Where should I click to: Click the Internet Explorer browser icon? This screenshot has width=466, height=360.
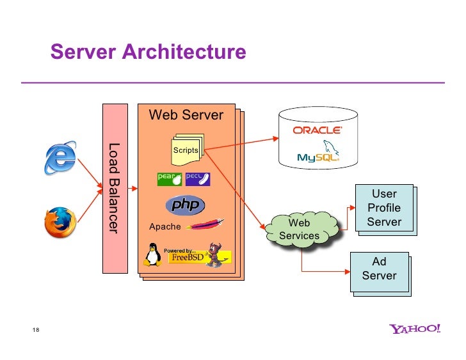[x=60, y=158]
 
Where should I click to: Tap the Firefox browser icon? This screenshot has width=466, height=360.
[x=60, y=223]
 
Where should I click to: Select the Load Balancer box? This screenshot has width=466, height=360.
[x=115, y=189]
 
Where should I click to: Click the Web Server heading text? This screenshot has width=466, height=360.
[x=186, y=115]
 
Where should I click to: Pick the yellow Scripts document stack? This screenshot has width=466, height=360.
[x=188, y=150]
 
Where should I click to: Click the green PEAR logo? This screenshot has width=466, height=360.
[x=170, y=179]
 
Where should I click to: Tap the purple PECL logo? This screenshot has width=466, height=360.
[x=198, y=179]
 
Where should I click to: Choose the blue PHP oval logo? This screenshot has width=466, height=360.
[x=185, y=205]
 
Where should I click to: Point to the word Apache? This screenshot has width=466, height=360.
[x=165, y=227]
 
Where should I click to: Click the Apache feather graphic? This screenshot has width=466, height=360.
[x=205, y=224]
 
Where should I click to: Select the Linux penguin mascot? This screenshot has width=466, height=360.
[x=153, y=254]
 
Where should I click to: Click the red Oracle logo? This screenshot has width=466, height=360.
[x=317, y=130]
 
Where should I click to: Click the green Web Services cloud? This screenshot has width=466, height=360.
[x=301, y=230]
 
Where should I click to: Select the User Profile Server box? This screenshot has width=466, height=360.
[x=384, y=208]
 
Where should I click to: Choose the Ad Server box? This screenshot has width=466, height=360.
[x=379, y=272]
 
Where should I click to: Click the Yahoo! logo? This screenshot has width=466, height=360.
[x=415, y=329]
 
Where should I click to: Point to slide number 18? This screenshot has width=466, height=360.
[x=36, y=330]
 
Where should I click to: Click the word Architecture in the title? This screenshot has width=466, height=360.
[x=184, y=52]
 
